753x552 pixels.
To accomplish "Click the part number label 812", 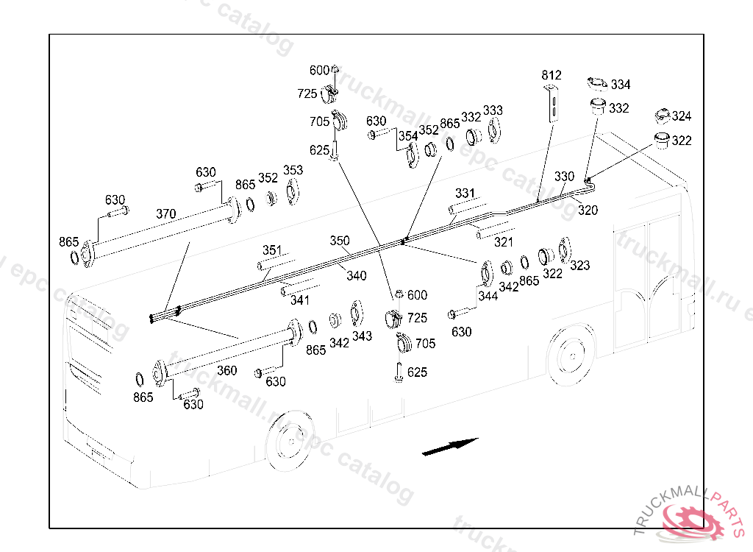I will (x=551, y=75).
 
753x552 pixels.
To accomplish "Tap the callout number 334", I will (x=620, y=85).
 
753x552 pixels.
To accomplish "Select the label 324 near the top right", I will (x=681, y=116).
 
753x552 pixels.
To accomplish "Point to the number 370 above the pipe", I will (x=165, y=214).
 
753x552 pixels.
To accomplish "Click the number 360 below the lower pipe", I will (x=226, y=370).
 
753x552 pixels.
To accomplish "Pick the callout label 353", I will (x=293, y=170).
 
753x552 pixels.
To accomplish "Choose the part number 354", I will (x=407, y=136).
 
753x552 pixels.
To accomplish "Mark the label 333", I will (x=493, y=110).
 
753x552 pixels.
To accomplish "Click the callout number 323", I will (x=579, y=265).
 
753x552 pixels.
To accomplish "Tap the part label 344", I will (x=488, y=296).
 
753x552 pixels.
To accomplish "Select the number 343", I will (x=362, y=336).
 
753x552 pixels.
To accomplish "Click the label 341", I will (x=299, y=300).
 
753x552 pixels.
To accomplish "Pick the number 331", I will (x=465, y=194).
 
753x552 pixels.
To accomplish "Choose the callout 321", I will (x=503, y=241).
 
